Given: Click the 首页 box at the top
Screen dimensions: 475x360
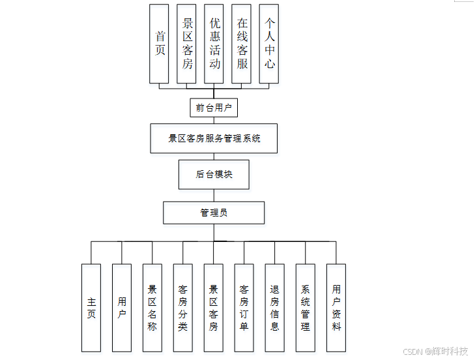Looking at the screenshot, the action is (x=159, y=44).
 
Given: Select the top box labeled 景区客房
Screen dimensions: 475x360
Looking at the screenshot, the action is (x=186, y=44).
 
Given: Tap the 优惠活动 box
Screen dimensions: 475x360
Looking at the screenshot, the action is (x=214, y=44).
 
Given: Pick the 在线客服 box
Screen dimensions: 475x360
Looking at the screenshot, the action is (x=242, y=44).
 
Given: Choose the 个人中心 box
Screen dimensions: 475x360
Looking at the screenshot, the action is (x=269, y=44).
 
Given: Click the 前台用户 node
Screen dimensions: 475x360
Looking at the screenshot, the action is (x=214, y=108).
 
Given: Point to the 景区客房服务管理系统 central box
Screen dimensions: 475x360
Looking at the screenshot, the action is (x=214, y=138).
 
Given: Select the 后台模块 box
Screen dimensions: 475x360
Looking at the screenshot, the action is (x=214, y=174).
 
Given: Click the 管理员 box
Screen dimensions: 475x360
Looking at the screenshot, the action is (x=214, y=213).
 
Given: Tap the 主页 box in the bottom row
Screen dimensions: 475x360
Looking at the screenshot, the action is (x=91, y=308).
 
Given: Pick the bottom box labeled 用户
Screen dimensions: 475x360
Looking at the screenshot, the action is (x=122, y=308).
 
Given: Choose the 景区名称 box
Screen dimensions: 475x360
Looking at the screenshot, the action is (x=152, y=308).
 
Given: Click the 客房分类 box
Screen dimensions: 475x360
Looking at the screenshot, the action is (x=182, y=308).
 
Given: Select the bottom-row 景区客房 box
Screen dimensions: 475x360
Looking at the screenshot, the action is (x=213, y=308).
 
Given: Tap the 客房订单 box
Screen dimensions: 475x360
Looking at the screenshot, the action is (x=244, y=308).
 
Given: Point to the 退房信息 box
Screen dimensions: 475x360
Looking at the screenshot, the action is (x=274, y=308).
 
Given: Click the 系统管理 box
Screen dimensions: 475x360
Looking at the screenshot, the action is (x=305, y=308).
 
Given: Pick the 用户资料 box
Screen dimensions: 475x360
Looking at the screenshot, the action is (x=336, y=308).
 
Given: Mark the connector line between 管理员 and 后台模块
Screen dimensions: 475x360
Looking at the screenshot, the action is (x=214, y=195).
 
